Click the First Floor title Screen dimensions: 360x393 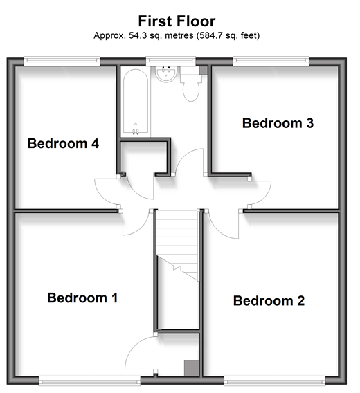(x=177, y=21)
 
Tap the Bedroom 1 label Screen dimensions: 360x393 (x=82, y=298)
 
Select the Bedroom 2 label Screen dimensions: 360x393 (x=269, y=300)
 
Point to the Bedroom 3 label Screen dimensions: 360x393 (x=278, y=123)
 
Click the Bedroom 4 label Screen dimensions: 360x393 (x=63, y=143)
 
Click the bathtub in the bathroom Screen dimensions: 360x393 (x=136, y=102)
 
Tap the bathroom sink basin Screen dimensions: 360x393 (x=166, y=73)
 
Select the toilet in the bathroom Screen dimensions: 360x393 (x=191, y=84)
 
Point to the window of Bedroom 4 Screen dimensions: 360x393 (x=62, y=61)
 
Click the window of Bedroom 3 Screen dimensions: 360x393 (x=271, y=61)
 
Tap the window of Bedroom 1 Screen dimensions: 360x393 (x=89, y=381)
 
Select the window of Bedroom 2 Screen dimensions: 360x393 (x=275, y=381)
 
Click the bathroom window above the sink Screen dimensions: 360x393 (x=171, y=61)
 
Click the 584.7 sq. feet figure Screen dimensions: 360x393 (x=228, y=35)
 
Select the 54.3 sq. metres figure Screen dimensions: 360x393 (x=161, y=35)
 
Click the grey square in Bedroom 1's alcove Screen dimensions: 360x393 (x=191, y=368)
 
